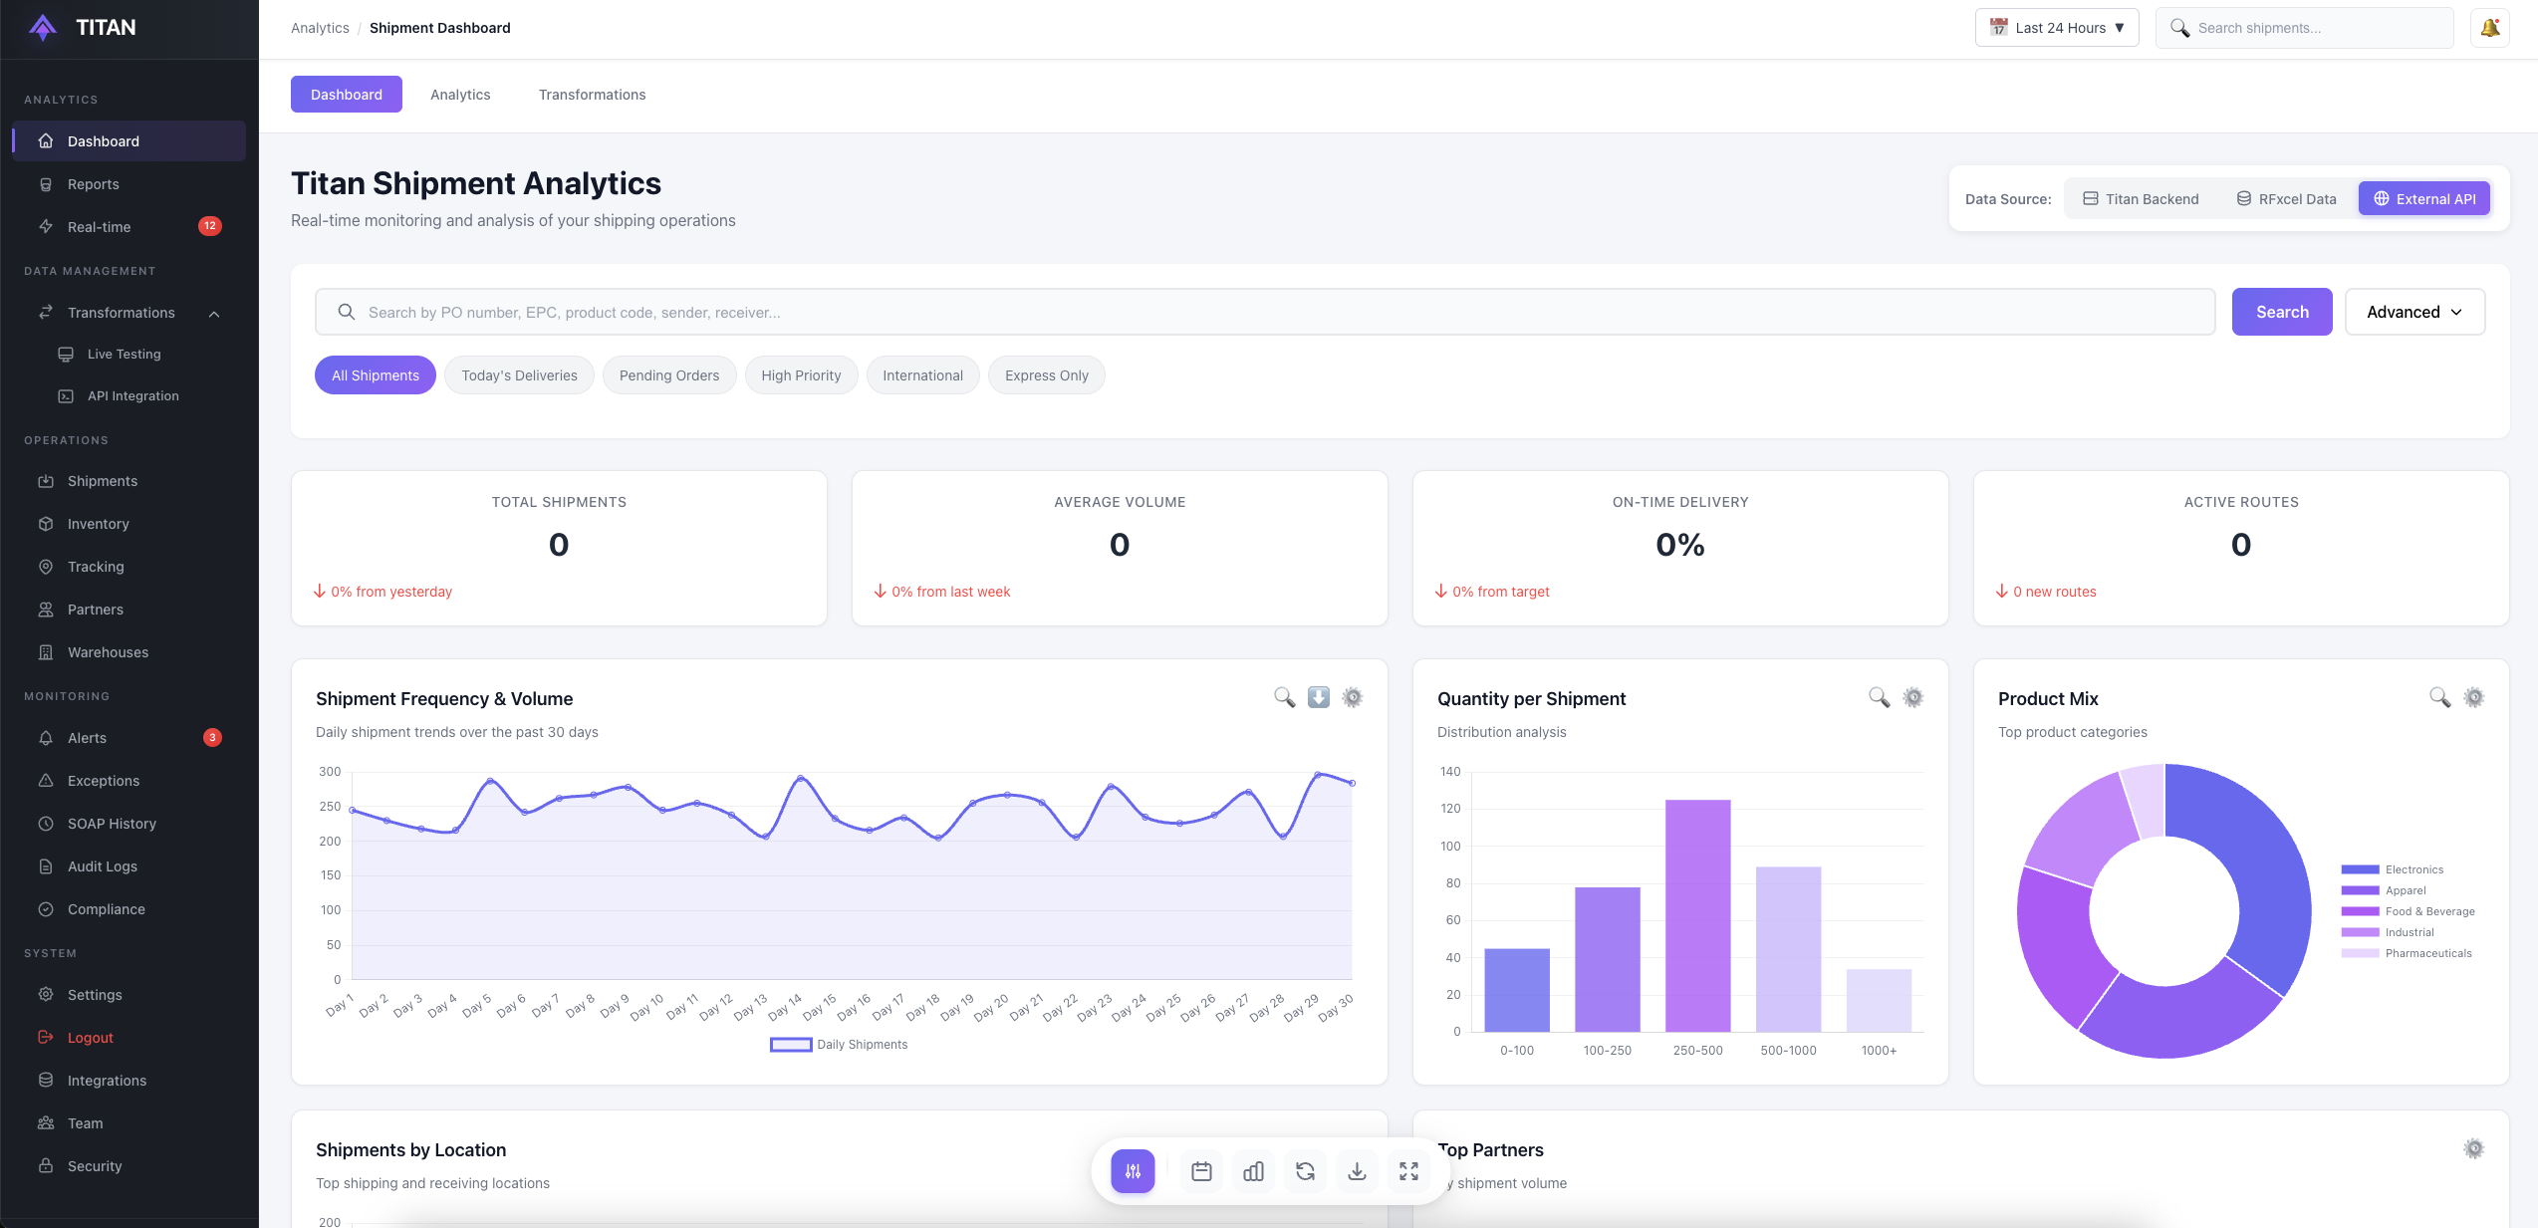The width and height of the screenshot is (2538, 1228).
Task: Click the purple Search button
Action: tap(2281, 312)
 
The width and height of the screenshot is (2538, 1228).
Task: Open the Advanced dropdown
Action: tap(2413, 312)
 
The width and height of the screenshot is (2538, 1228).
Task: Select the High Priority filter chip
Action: tap(801, 375)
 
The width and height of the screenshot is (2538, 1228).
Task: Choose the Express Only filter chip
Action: tap(1046, 375)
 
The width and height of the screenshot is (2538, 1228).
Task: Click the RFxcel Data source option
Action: tap(2286, 199)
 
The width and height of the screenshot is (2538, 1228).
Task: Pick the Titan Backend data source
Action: tap(2141, 199)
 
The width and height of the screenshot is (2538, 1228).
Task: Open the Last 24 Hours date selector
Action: tap(2056, 28)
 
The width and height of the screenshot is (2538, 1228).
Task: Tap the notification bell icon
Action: tap(2489, 28)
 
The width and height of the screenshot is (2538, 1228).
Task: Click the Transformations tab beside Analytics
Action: tap(592, 95)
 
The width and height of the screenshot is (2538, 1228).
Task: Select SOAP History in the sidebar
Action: tap(112, 824)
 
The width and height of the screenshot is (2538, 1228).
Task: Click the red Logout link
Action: tap(90, 1038)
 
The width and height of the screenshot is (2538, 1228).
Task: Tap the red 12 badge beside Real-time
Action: tap(209, 226)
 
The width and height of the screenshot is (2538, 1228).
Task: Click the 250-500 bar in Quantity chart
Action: tap(1697, 916)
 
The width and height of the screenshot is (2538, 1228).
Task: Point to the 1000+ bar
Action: tap(1879, 1000)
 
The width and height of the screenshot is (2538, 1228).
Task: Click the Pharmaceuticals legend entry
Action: tap(2427, 953)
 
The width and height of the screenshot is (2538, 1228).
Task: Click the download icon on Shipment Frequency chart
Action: tap(1318, 697)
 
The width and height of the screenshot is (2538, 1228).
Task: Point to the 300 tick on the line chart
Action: tap(330, 772)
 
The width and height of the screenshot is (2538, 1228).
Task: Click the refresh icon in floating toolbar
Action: tap(1305, 1171)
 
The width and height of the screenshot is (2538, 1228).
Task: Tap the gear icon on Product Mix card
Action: tap(2473, 697)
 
